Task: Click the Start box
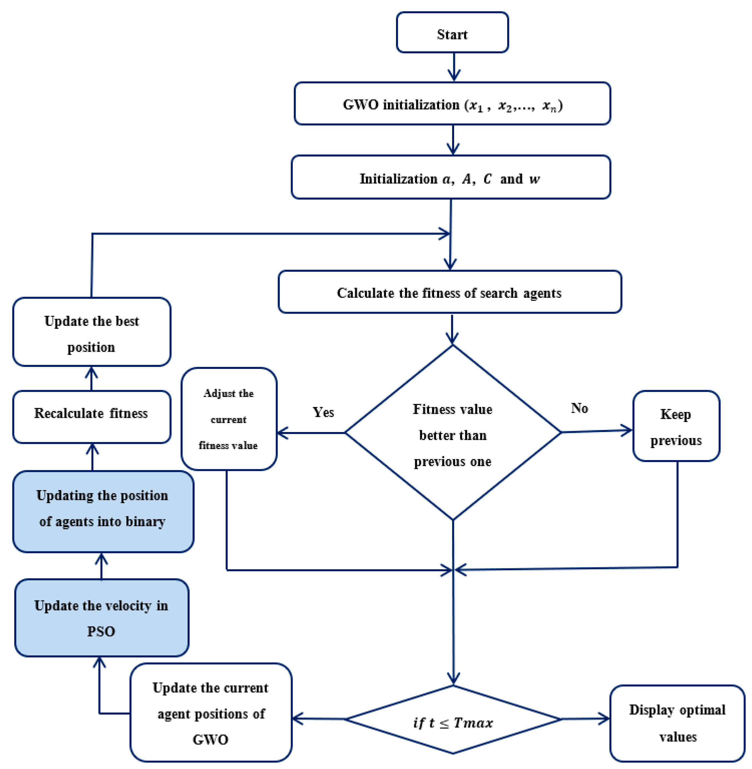(x=452, y=33)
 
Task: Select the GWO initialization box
(x=452, y=104)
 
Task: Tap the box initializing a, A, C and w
(x=451, y=177)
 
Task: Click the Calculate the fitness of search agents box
(x=449, y=292)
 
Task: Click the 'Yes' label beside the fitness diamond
(x=323, y=412)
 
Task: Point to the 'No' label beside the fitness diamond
(x=579, y=408)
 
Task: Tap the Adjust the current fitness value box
(x=229, y=419)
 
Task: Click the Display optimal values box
(x=677, y=723)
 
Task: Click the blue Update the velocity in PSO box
(x=101, y=618)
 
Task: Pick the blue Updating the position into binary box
(x=103, y=511)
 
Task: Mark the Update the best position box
(x=92, y=332)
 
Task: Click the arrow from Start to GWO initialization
(x=454, y=67)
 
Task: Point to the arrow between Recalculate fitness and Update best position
(x=92, y=378)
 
